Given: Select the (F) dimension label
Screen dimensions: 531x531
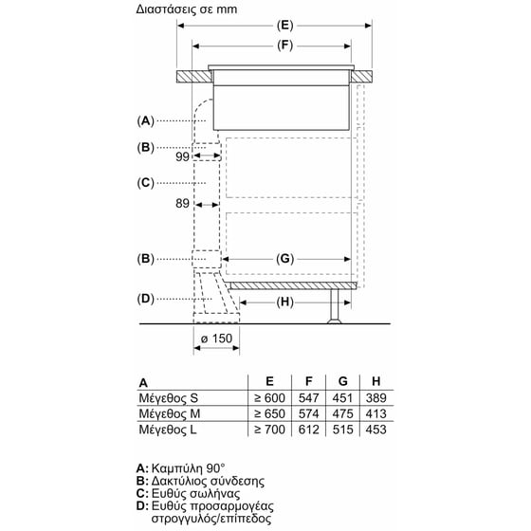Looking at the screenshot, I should pyautogui.click(x=284, y=46).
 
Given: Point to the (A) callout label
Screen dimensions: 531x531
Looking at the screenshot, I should pyautogui.click(x=145, y=120).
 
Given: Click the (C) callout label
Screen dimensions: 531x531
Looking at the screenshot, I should pyautogui.click(x=145, y=182).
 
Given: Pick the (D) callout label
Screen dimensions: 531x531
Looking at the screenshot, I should pyautogui.click(x=145, y=299).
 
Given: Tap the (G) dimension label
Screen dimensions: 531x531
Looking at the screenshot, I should pyautogui.click(x=287, y=258).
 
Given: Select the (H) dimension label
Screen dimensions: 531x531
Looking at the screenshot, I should pyautogui.click(x=287, y=302).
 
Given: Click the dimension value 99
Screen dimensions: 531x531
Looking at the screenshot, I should pyautogui.click(x=183, y=156).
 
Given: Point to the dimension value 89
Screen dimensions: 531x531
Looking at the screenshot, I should pyautogui.click(x=183, y=202).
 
